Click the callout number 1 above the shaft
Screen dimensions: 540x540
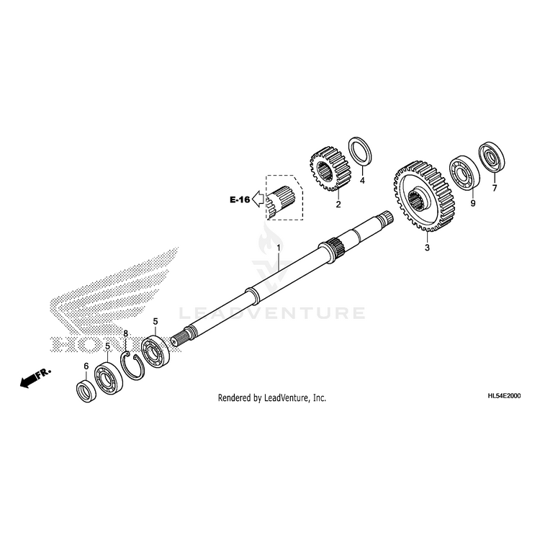[x=279, y=248]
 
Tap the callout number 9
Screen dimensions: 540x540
[x=473, y=204]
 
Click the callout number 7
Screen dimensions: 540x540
[x=494, y=189]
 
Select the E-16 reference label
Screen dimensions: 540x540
[x=240, y=200]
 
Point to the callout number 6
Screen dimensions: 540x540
[x=86, y=366]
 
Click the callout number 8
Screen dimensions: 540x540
[x=125, y=334]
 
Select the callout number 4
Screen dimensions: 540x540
[x=362, y=181]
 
